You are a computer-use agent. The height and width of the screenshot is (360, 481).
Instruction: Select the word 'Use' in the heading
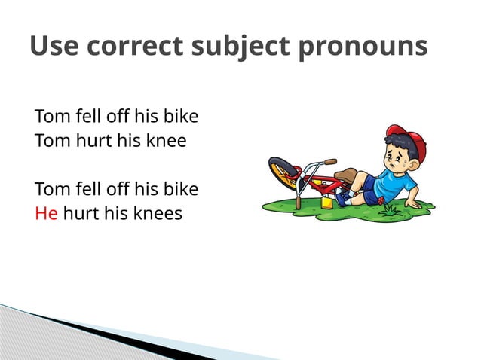click(x=55, y=46)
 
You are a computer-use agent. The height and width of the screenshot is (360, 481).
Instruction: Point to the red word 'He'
click(x=46, y=213)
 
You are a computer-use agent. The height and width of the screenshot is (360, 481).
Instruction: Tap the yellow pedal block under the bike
click(x=326, y=202)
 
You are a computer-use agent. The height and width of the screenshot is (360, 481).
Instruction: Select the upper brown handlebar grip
click(x=330, y=162)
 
